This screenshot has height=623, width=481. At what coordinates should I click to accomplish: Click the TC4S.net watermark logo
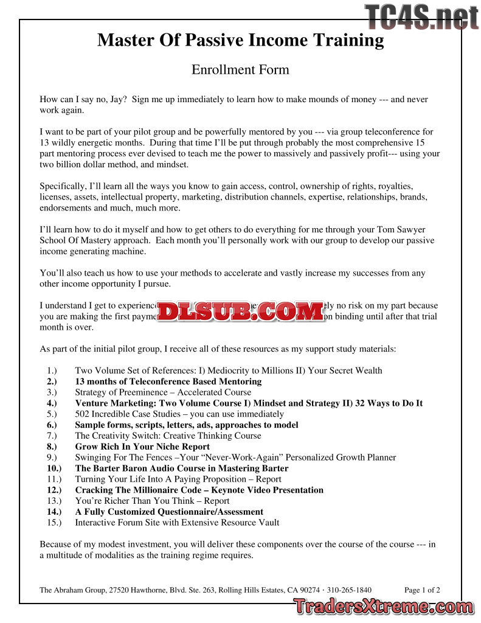pos(421,16)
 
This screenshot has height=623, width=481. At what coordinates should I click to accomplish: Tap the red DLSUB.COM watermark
pos(241,311)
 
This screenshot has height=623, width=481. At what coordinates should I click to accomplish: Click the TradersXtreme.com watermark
pos(382,607)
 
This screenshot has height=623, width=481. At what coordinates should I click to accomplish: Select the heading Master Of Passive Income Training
pos(240,40)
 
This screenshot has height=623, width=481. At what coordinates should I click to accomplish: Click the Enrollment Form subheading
pos(240,69)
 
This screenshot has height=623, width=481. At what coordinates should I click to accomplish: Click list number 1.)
pos(52,371)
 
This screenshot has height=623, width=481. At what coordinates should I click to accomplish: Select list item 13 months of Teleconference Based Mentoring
pos(168,381)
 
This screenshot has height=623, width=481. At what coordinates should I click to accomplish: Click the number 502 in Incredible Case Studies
pos(83,414)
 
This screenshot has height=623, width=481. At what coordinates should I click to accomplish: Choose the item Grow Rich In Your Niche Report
pos(142,447)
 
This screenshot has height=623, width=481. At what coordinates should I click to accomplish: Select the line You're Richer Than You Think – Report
pos(152,501)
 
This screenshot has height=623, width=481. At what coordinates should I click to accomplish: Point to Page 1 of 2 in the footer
pos(422,590)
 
